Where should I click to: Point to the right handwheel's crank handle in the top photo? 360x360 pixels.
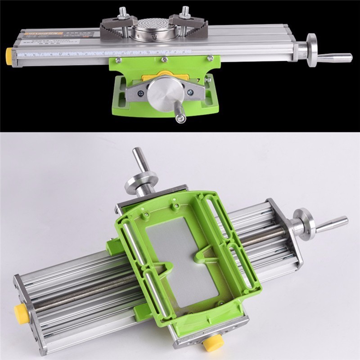point(335,57)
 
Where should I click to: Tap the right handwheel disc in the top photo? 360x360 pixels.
point(312,49)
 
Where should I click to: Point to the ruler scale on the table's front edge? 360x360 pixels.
point(67,53)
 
